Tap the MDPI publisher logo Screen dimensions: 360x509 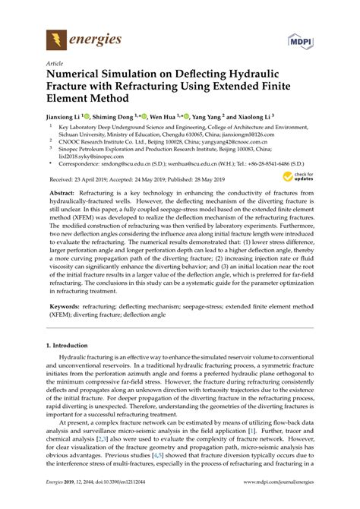pos(302,39)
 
